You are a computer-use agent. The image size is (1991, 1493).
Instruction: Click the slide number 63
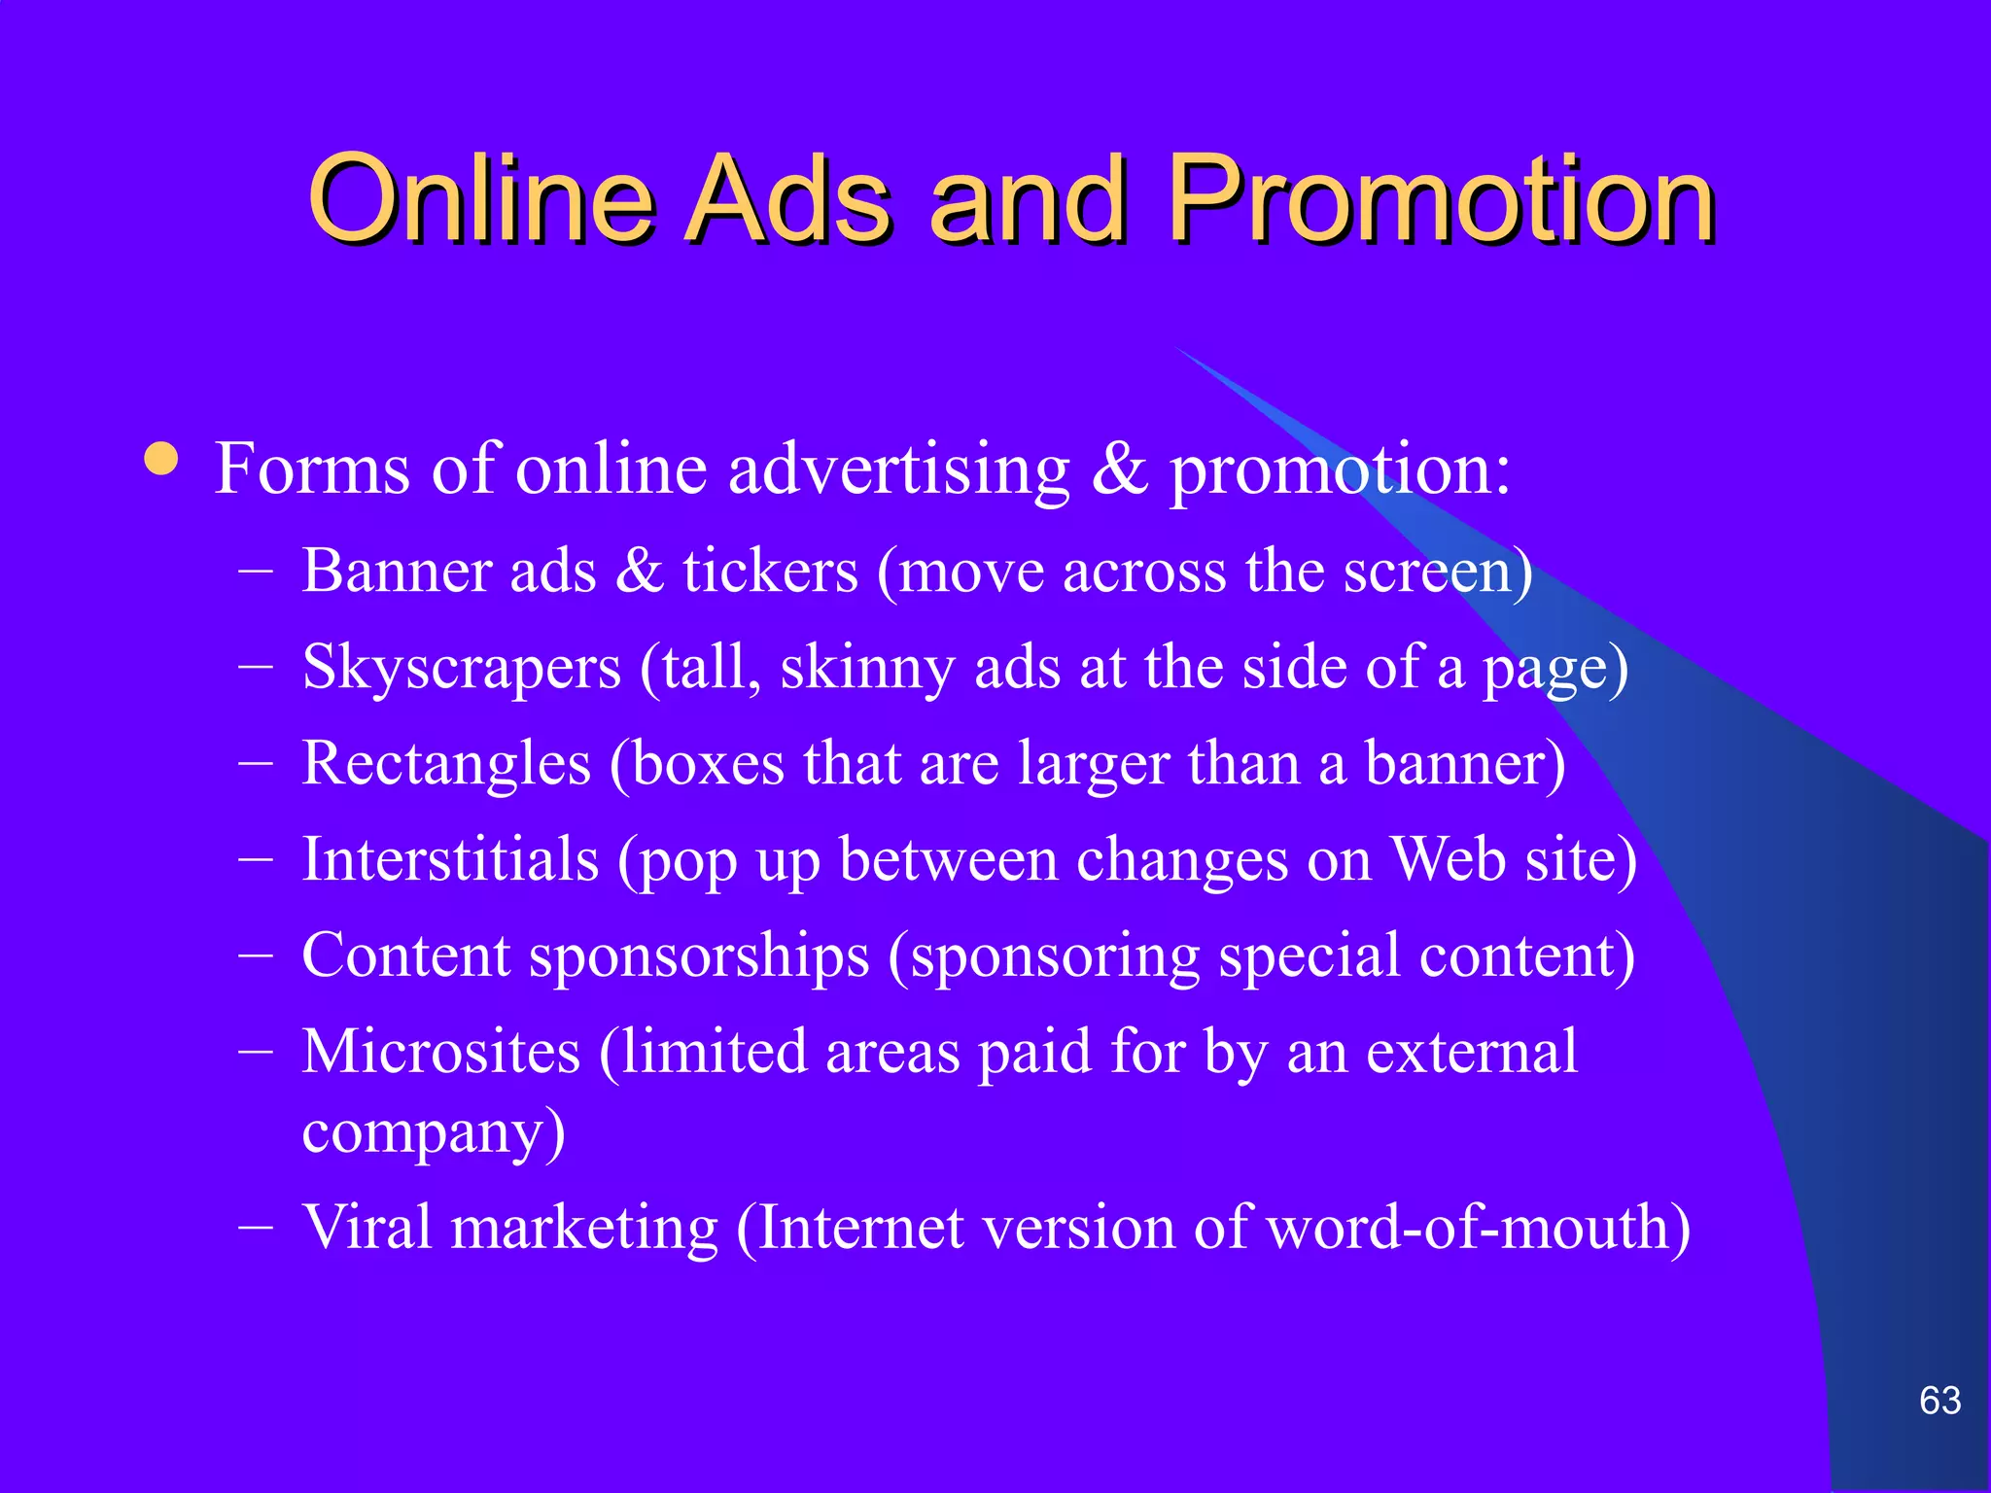1939,1401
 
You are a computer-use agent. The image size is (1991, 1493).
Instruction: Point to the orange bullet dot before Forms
161,459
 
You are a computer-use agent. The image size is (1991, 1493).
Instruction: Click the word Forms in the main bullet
312,469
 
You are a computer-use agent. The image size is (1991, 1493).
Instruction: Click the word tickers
771,571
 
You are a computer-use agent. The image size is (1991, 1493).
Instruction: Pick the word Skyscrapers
462,669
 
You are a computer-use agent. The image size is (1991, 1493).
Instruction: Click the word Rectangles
446,764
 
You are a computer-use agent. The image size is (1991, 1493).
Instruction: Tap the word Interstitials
450,860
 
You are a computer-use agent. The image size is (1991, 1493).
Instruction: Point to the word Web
1449,860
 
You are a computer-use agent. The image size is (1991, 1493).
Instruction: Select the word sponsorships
699,956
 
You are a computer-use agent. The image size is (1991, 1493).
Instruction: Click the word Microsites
440,1053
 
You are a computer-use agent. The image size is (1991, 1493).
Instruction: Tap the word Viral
367,1228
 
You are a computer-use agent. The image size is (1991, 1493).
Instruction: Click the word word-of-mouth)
1479,1228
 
